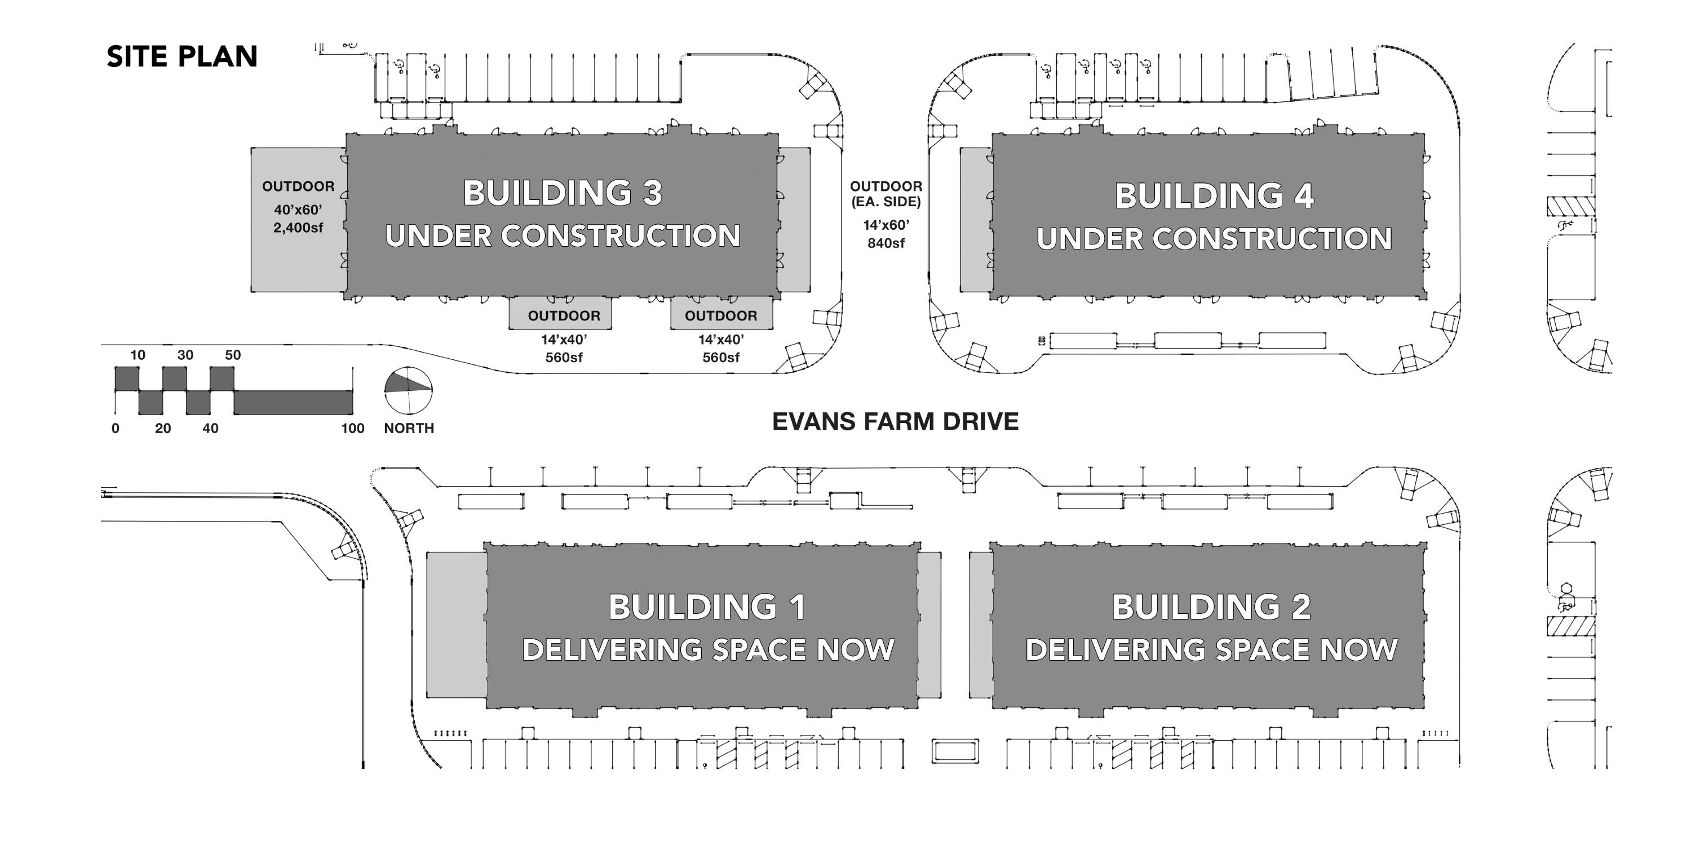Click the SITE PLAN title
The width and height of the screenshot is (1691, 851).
[182, 57]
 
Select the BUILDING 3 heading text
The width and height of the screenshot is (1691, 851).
[563, 193]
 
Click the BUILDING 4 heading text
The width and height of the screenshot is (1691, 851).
[1214, 195]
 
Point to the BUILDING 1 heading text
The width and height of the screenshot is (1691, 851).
[707, 607]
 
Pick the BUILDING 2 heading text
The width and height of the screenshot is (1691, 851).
[1211, 607]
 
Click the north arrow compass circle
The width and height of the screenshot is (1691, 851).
[408, 390]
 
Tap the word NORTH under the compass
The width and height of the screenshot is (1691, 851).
[409, 429]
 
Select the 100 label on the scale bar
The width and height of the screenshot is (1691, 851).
[352, 429]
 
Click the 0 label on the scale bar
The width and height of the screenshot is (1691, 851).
[116, 429]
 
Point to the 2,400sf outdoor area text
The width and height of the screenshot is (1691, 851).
[298, 228]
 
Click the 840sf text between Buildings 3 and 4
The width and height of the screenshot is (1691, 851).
[886, 243]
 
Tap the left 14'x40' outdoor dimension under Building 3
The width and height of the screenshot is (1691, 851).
[564, 340]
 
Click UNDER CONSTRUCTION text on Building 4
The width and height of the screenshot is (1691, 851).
[1214, 239]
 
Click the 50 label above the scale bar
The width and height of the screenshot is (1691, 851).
[232, 355]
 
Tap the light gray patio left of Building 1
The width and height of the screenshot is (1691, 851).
[456, 625]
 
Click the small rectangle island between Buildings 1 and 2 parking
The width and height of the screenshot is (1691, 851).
[955, 751]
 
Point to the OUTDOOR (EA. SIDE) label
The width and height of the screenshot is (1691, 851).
[886, 194]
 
